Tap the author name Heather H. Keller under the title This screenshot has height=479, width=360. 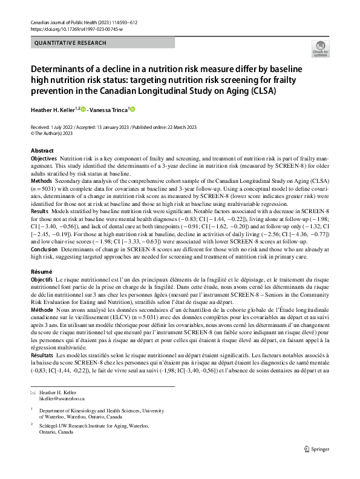click(56, 110)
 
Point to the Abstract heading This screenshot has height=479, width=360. click(42, 150)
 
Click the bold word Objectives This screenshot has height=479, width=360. click(44, 157)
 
